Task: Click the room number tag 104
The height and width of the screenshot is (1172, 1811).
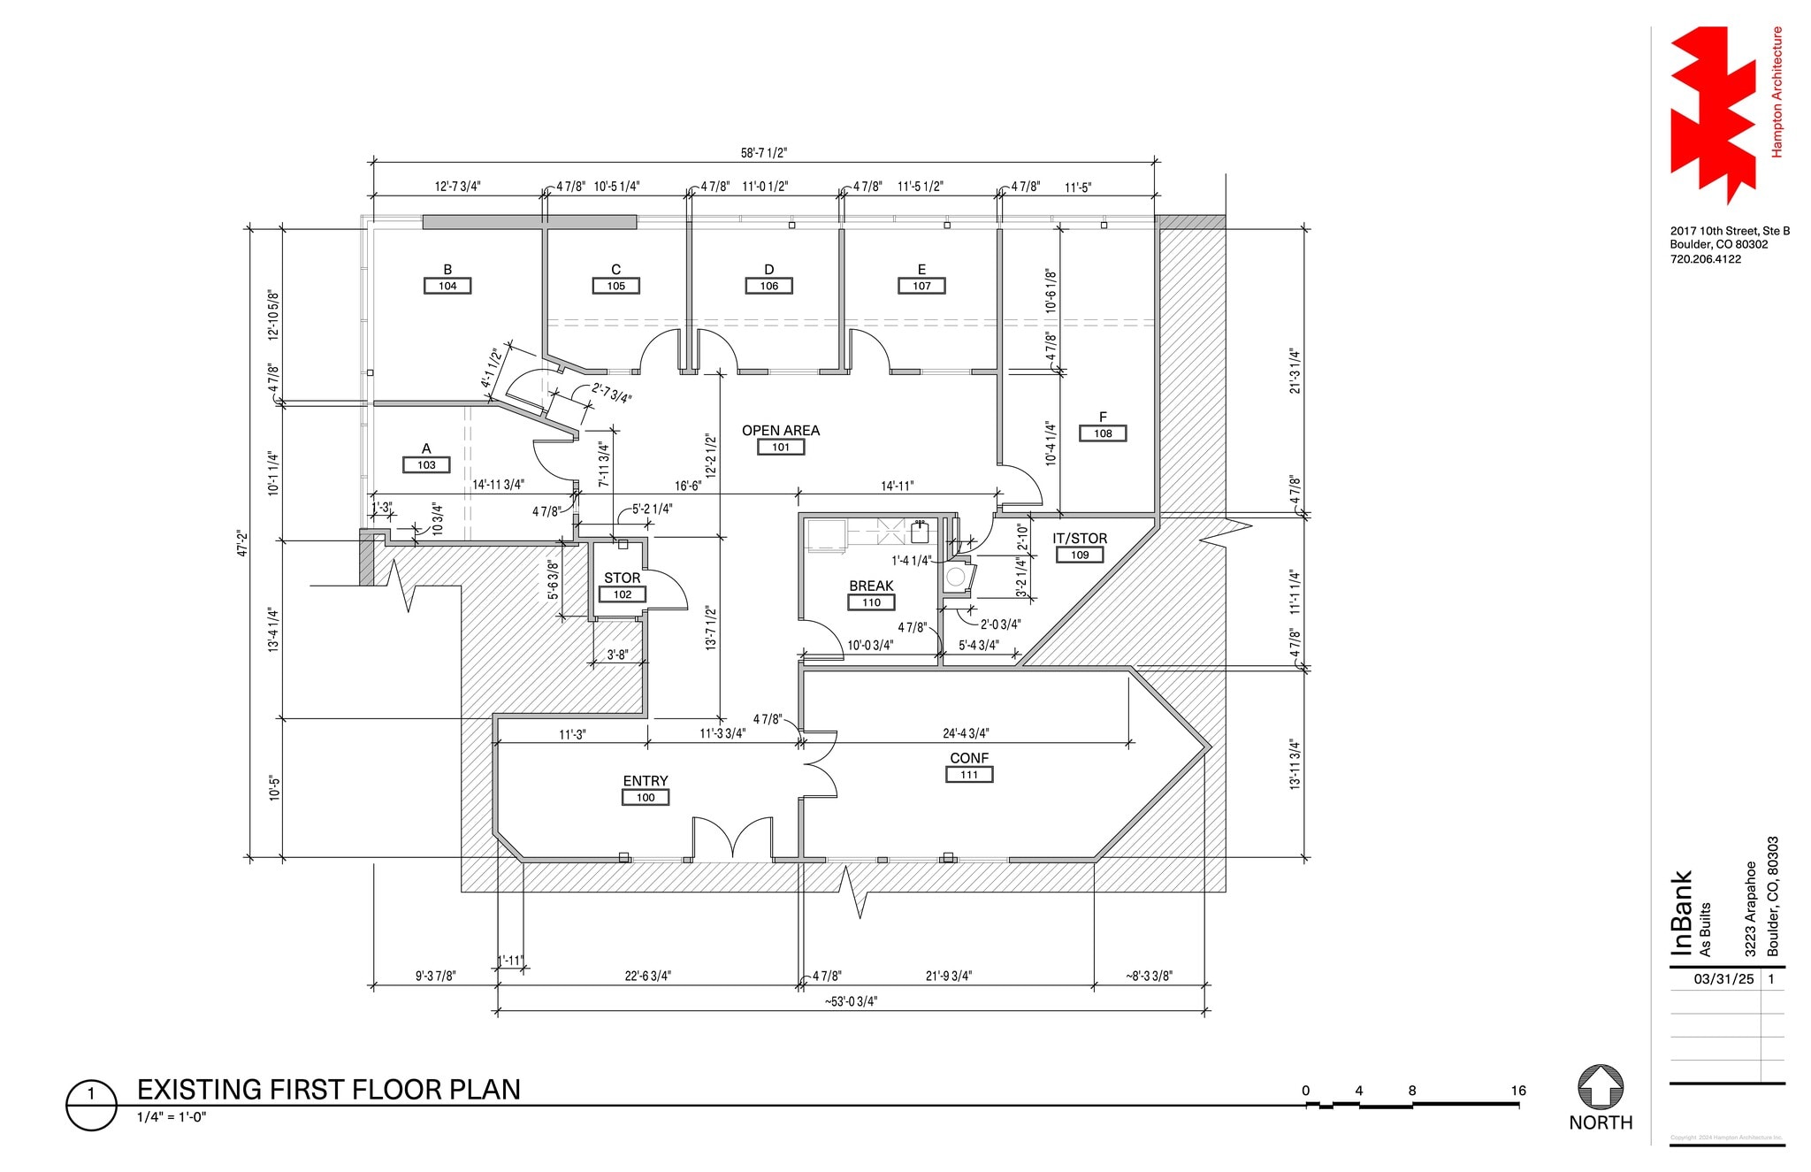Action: (x=447, y=286)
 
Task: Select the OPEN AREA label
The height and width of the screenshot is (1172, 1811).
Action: (x=780, y=431)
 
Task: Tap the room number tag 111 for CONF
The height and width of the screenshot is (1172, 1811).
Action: (x=969, y=775)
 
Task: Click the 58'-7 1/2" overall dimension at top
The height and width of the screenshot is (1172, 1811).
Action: (x=763, y=153)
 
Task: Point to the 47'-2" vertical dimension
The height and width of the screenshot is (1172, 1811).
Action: (x=242, y=543)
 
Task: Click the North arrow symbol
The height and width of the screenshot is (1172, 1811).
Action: (x=1600, y=1087)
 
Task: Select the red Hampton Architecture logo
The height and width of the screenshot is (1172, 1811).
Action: (x=1712, y=115)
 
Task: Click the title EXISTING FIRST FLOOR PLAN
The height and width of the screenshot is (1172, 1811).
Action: (x=328, y=1090)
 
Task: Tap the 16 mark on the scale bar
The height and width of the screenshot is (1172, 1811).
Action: (x=1517, y=1091)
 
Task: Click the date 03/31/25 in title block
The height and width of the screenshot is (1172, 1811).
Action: (x=1723, y=979)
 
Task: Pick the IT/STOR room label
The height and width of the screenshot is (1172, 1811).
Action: (x=1080, y=539)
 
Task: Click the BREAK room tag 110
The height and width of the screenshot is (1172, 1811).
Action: (x=871, y=602)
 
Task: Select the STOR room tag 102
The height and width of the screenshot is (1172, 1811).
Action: (x=623, y=594)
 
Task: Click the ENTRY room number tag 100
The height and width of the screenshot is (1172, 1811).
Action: (x=646, y=797)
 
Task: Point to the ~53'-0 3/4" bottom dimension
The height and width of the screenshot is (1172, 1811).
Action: (x=851, y=1001)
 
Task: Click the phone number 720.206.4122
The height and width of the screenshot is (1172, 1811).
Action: (x=1705, y=259)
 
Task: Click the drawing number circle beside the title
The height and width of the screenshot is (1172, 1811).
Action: (x=91, y=1104)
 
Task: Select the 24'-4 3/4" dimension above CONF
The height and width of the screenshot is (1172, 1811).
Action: (x=966, y=733)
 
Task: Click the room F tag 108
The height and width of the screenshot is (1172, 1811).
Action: (x=1103, y=433)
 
